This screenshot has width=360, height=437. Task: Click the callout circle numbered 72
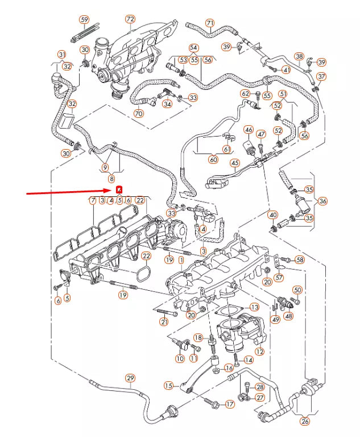(x=130, y=19)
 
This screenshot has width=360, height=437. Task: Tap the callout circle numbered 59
(x=84, y=19)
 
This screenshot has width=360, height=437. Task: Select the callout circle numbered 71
(x=210, y=23)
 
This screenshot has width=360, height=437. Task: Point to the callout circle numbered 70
(x=138, y=113)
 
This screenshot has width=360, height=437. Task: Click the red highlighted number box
(x=119, y=189)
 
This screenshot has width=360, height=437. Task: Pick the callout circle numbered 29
(x=130, y=378)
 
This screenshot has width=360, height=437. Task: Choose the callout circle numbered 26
(x=305, y=422)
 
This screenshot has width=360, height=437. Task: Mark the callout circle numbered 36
(x=322, y=201)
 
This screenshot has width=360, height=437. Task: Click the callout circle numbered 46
(x=248, y=130)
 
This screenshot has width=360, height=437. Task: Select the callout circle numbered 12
(x=259, y=352)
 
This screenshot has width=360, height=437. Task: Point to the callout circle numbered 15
(x=168, y=386)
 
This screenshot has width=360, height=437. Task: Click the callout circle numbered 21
(x=164, y=323)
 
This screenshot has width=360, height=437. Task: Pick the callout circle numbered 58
(x=300, y=260)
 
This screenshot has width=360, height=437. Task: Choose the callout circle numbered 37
(x=321, y=77)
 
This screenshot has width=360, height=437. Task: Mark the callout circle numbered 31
(x=62, y=55)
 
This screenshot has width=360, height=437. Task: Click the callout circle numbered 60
(x=213, y=160)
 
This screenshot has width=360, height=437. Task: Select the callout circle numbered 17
(x=230, y=405)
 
